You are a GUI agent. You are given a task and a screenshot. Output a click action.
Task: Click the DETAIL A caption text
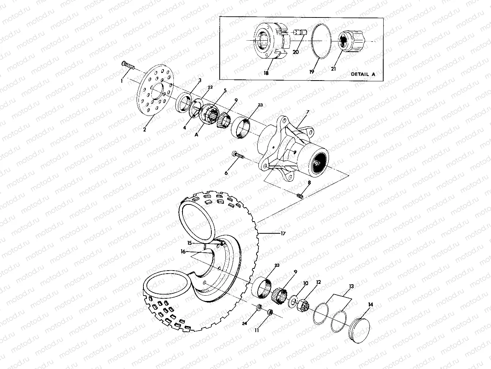click(363, 74)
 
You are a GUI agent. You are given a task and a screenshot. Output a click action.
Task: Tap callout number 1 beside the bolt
click(122, 81)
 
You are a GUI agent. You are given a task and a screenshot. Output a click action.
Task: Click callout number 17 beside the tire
click(283, 233)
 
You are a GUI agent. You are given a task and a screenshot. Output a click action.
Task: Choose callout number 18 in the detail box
click(266, 73)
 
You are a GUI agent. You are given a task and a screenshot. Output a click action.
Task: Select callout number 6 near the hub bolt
click(227, 173)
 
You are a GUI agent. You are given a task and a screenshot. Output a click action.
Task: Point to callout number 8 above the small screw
click(309, 183)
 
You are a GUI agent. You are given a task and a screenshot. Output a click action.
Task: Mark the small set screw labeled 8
click(301, 196)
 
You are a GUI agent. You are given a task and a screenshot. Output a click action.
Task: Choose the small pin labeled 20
click(300, 34)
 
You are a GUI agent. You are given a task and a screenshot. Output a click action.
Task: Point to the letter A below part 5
click(197, 134)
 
